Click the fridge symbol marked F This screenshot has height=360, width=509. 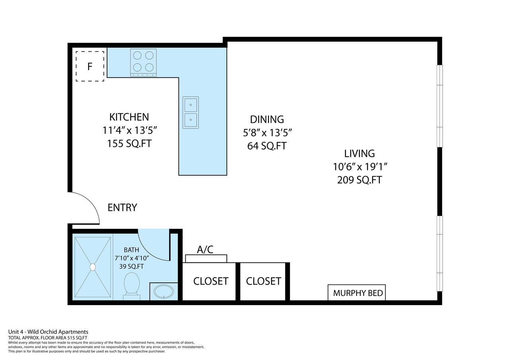(90, 66)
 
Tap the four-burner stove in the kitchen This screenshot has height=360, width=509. (144, 63)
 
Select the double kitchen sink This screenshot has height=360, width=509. (190, 113)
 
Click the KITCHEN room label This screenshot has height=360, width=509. (129, 117)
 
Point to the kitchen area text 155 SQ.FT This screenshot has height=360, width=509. (129, 144)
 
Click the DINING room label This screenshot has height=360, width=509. (267, 119)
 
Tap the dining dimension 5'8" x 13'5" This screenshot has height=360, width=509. (267, 132)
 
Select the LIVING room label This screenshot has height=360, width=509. (359, 154)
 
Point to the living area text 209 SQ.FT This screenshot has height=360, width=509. (359, 180)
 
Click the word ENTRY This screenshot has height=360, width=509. (122, 208)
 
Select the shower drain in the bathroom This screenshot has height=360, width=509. (93, 267)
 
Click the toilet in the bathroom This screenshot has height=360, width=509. (132, 286)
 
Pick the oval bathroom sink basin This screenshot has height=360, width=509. (163, 291)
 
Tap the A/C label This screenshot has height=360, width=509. (205, 249)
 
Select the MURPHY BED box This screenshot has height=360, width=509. (357, 292)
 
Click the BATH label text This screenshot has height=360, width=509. (131, 250)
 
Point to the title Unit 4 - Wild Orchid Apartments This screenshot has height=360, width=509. (48, 332)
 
